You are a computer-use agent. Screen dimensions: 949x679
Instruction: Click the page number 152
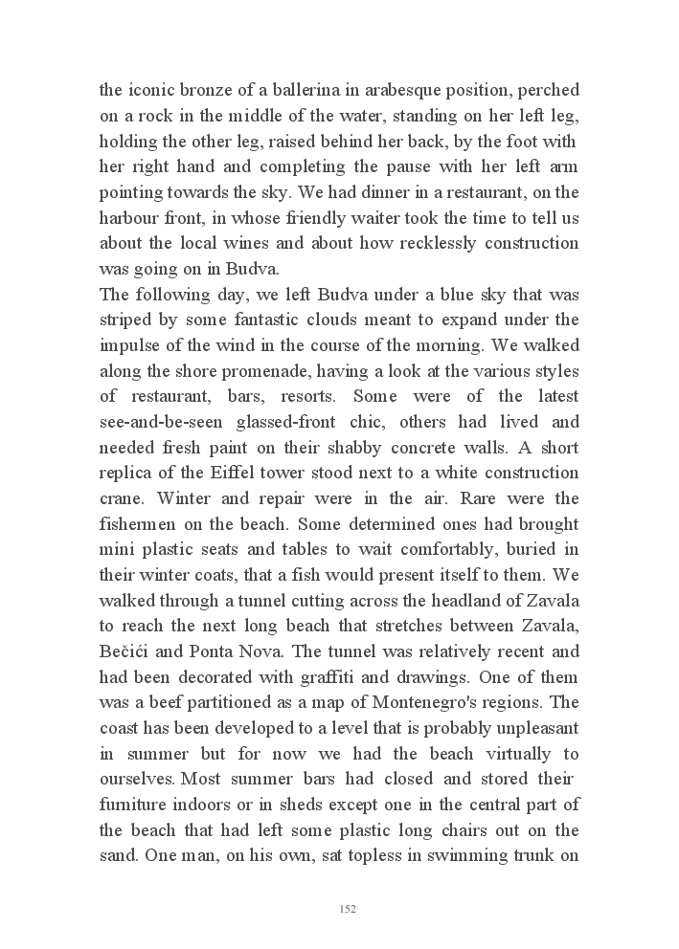348,909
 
